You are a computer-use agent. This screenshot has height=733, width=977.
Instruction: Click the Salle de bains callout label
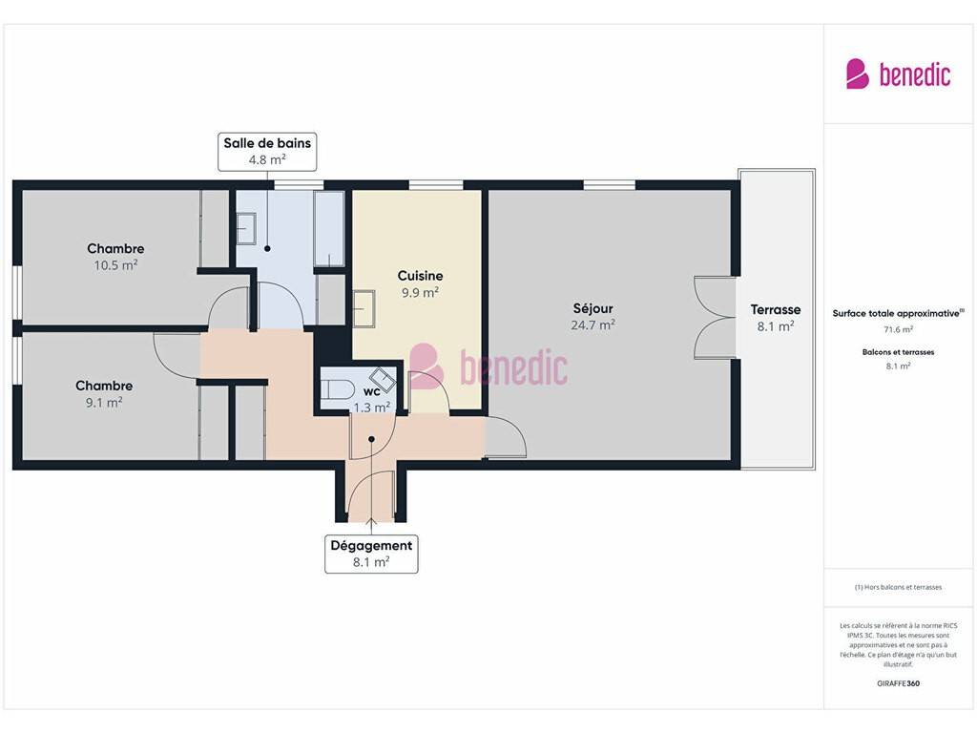click(267, 152)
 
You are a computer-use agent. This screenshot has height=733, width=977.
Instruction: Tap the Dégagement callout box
click(371, 554)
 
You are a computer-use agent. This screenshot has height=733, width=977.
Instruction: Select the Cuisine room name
click(421, 276)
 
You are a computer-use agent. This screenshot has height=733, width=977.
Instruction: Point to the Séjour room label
click(593, 308)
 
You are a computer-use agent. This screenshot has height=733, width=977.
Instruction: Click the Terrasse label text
click(776, 310)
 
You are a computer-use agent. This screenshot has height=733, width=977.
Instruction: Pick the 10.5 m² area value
click(115, 265)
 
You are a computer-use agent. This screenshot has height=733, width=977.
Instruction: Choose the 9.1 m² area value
click(104, 403)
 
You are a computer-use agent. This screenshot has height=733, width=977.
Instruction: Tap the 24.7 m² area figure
click(593, 325)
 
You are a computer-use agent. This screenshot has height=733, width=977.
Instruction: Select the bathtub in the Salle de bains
click(329, 229)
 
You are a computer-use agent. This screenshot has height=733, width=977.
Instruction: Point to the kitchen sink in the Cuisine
click(364, 308)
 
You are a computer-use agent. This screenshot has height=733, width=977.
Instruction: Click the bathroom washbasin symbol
click(246, 229)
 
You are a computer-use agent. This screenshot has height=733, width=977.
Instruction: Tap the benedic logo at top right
click(898, 74)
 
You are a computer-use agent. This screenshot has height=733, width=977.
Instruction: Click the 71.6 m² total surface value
click(899, 329)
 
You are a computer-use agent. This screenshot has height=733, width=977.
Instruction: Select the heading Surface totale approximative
click(896, 313)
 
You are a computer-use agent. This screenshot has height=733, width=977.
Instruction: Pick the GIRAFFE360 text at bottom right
click(898, 683)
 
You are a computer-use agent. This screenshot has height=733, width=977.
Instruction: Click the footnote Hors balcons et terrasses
click(898, 587)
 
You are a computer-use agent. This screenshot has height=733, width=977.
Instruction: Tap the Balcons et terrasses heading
click(899, 352)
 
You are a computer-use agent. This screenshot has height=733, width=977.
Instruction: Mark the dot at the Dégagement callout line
click(371, 439)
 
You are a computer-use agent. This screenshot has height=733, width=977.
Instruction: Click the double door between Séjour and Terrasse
click(715, 318)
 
